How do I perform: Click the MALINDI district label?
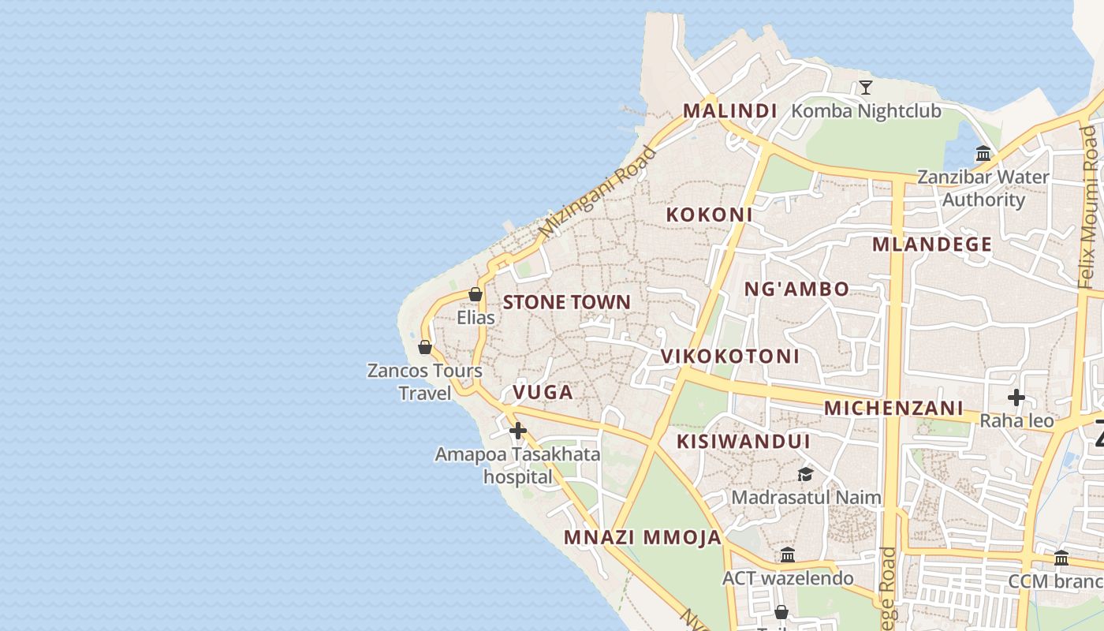coord(729,111)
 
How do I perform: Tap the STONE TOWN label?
coord(566,302)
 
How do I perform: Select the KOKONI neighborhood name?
coord(709,215)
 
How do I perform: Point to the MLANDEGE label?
coord(931,245)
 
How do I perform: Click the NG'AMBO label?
coord(796,289)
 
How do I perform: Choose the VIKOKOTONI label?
coord(729,357)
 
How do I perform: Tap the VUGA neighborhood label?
coord(543,392)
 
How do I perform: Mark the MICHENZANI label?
coord(893,409)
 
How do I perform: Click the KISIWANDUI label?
coord(743,442)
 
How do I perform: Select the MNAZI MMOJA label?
coord(642,538)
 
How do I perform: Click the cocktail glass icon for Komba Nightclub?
coord(866,87)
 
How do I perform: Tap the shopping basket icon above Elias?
coord(476,294)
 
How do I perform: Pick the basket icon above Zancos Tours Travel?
coord(425,347)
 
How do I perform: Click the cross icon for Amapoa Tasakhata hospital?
coord(518,431)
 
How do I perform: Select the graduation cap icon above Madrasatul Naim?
coord(805,474)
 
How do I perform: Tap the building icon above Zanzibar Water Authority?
coord(983,154)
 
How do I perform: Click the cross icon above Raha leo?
coord(1016,397)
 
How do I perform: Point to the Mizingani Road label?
coord(597,192)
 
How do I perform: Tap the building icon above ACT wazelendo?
coord(787,555)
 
